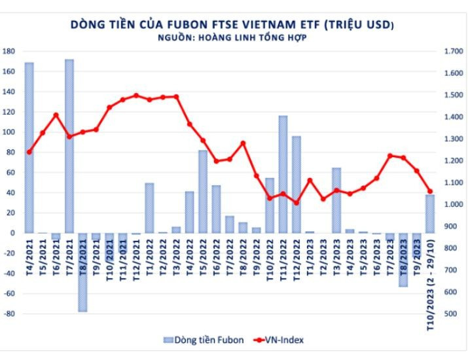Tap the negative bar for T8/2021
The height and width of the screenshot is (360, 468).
tap(82, 272)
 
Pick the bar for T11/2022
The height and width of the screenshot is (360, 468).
tap(283, 174)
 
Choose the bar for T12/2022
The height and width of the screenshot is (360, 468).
tap(297, 184)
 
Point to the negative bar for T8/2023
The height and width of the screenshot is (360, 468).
tap(403, 259)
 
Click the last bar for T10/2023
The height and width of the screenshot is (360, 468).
tap(430, 213)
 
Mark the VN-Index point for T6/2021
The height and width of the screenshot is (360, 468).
tap(56, 115)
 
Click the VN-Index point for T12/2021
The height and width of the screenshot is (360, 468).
tap(136, 96)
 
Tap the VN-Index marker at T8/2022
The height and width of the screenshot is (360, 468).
tap(243, 143)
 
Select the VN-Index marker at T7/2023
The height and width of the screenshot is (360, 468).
tap(390, 156)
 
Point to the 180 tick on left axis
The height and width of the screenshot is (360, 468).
tap(10, 51)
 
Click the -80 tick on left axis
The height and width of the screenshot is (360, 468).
tap(9, 314)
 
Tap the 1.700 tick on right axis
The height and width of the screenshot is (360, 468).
tap(453, 51)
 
